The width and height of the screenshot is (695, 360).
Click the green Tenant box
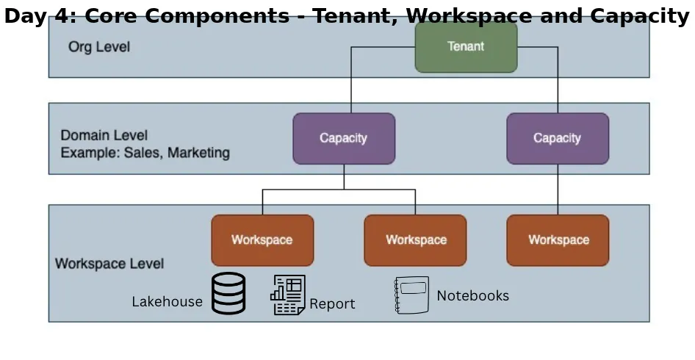(466, 47)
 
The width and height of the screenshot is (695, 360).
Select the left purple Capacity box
(344, 138)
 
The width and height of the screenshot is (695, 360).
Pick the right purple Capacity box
(558, 138)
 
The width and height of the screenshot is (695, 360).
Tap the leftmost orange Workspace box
(262, 240)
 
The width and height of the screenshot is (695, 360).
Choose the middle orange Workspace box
(415, 240)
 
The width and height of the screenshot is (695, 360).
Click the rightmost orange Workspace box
(558, 240)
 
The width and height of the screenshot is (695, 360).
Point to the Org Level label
(99, 47)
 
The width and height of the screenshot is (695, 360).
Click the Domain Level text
(104, 135)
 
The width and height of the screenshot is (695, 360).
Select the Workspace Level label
(109, 264)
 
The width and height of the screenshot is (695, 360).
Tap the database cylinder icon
(228, 293)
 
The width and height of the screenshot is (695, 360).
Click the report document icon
(288, 295)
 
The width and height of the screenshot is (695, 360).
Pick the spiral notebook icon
(411, 295)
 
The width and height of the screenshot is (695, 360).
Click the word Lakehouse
(167, 302)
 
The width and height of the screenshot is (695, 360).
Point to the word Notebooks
(473, 295)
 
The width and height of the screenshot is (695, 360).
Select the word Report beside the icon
(332, 304)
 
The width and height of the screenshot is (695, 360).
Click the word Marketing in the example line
(198, 153)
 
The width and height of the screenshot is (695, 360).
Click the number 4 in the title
(62, 16)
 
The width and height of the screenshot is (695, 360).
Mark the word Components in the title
(217, 16)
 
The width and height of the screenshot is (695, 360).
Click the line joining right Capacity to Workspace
(558, 190)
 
